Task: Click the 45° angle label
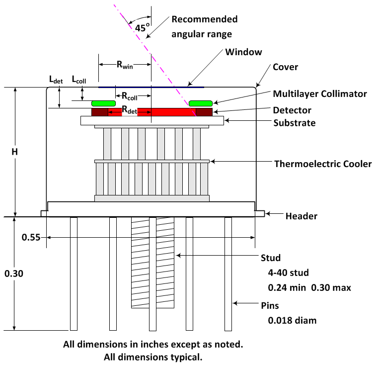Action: pyautogui.click(x=142, y=28)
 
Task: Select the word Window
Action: pyautogui.click(x=243, y=52)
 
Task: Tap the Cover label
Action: pyautogui.click(x=285, y=67)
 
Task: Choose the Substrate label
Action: pyautogui.click(x=295, y=122)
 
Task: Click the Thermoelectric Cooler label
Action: pyautogui.click(x=323, y=164)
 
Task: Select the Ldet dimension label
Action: pyautogui.click(x=56, y=80)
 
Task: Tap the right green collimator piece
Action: pyautogui.click(x=201, y=103)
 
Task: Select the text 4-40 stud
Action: pyautogui.click(x=288, y=273)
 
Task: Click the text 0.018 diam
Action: pyautogui.click(x=292, y=320)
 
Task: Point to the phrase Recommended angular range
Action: pyautogui.click(x=204, y=26)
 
